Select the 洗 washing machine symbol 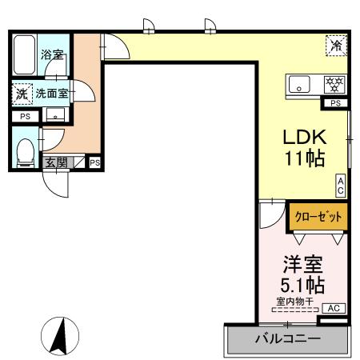[22, 94]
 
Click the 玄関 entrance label [56, 162]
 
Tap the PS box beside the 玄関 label [94, 162]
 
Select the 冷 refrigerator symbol [336, 46]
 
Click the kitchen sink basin [302, 82]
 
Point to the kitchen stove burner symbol [334, 82]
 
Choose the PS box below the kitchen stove [335, 102]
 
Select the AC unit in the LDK [340, 186]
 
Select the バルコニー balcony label [288, 338]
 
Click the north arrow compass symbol [58, 336]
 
